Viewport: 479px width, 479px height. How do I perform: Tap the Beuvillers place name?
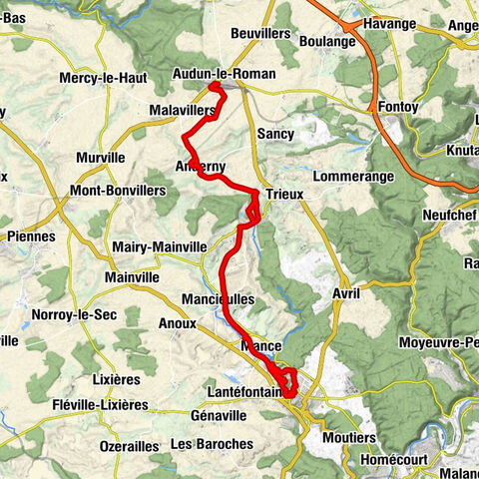pos(259,33)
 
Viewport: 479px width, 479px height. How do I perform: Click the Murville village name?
pos(101,158)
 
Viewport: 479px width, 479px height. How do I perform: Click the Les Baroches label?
pos(212,443)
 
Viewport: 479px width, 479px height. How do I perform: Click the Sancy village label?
pos(275,133)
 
